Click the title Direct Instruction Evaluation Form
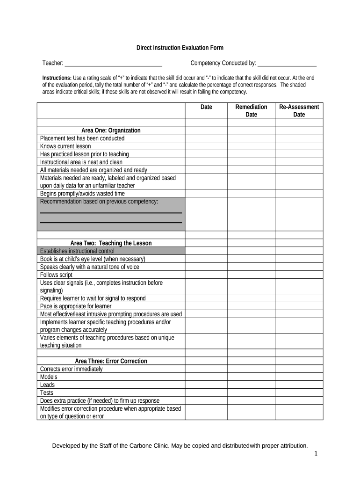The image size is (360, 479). (x=180, y=48)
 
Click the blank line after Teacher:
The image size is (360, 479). (x=113, y=64)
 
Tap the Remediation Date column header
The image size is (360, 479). (x=251, y=111)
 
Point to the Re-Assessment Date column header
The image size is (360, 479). (x=299, y=111)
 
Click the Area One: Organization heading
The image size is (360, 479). (x=111, y=131)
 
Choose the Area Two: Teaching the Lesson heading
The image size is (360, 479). (x=111, y=243)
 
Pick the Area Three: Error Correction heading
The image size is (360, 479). (x=111, y=361)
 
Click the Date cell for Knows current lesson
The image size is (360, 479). (x=206, y=146)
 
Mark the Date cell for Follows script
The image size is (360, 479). (x=206, y=275)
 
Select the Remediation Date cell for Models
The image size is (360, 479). (x=251, y=377)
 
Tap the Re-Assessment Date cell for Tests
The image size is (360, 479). (x=299, y=393)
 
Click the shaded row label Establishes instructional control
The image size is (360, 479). (x=77, y=251)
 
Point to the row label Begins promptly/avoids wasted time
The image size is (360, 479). (x=82, y=194)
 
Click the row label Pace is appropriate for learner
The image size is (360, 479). (x=76, y=306)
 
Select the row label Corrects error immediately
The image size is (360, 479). (x=71, y=369)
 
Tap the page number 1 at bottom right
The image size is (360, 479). (x=316, y=454)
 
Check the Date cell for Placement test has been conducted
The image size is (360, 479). (x=206, y=138)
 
